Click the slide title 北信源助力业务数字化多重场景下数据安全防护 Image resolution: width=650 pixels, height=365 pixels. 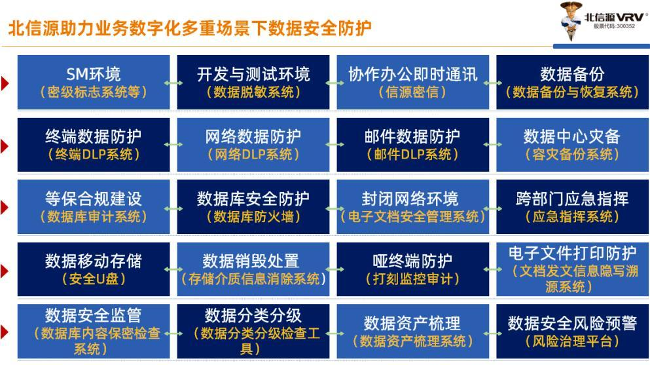point(189,28)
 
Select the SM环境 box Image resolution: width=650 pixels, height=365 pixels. point(94,82)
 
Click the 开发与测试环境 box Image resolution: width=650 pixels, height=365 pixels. point(253,82)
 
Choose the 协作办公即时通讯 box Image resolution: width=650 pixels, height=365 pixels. point(413,82)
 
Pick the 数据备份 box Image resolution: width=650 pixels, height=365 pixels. point(573,82)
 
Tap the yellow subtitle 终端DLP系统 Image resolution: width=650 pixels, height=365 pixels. point(94,154)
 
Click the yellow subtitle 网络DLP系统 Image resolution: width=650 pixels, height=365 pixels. point(253,154)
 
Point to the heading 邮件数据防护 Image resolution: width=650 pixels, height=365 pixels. point(412,136)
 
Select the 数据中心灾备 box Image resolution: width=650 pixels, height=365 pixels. point(573,145)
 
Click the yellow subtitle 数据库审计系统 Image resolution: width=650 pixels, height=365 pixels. point(94,216)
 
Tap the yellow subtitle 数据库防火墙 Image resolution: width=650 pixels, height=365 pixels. point(253,216)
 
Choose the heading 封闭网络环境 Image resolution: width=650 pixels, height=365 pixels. point(410,199)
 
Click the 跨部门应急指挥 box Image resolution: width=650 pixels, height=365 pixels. point(573,207)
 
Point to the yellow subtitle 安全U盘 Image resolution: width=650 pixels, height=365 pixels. point(94,279)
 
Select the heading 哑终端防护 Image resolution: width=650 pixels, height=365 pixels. point(412,261)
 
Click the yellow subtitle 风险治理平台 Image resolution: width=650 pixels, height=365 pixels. point(573,341)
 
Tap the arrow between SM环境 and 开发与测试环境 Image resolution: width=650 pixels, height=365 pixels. point(173,83)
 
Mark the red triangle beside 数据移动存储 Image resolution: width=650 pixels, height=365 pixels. point(5,271)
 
